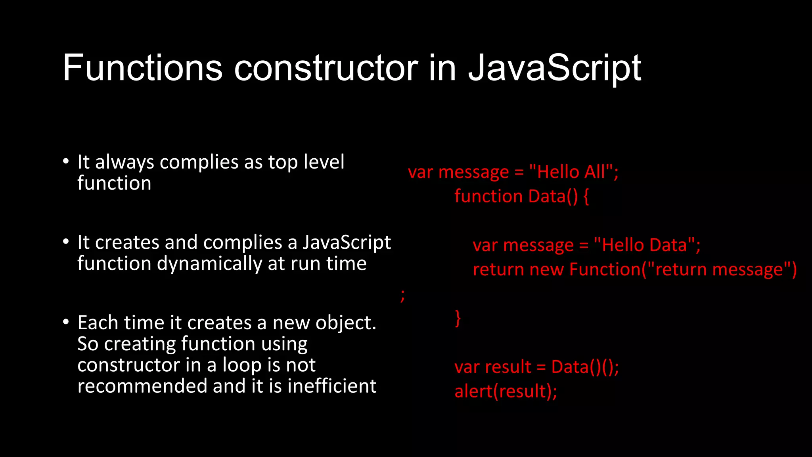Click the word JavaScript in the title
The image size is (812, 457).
tap(554, 68)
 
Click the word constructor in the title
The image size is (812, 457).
tap(326, 68)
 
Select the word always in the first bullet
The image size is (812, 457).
tap(124, 163)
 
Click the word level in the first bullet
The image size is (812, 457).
tap(324, 162)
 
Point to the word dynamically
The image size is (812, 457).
tap(210, 264)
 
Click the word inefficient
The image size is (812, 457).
tap(332, 386)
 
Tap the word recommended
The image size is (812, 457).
tap(142, 386)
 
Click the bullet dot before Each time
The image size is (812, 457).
tap(66, 322)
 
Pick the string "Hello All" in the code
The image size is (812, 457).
tap(571, 172)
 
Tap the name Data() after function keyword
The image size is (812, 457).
tap(553, 196)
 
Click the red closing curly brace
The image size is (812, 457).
tap(458, 318)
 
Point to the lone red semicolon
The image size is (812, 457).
tap(402, 295)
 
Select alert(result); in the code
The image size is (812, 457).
tap(506, 392)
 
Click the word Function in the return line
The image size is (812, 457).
tap(605, 270)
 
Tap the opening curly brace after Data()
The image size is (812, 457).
tap(586, 197)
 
